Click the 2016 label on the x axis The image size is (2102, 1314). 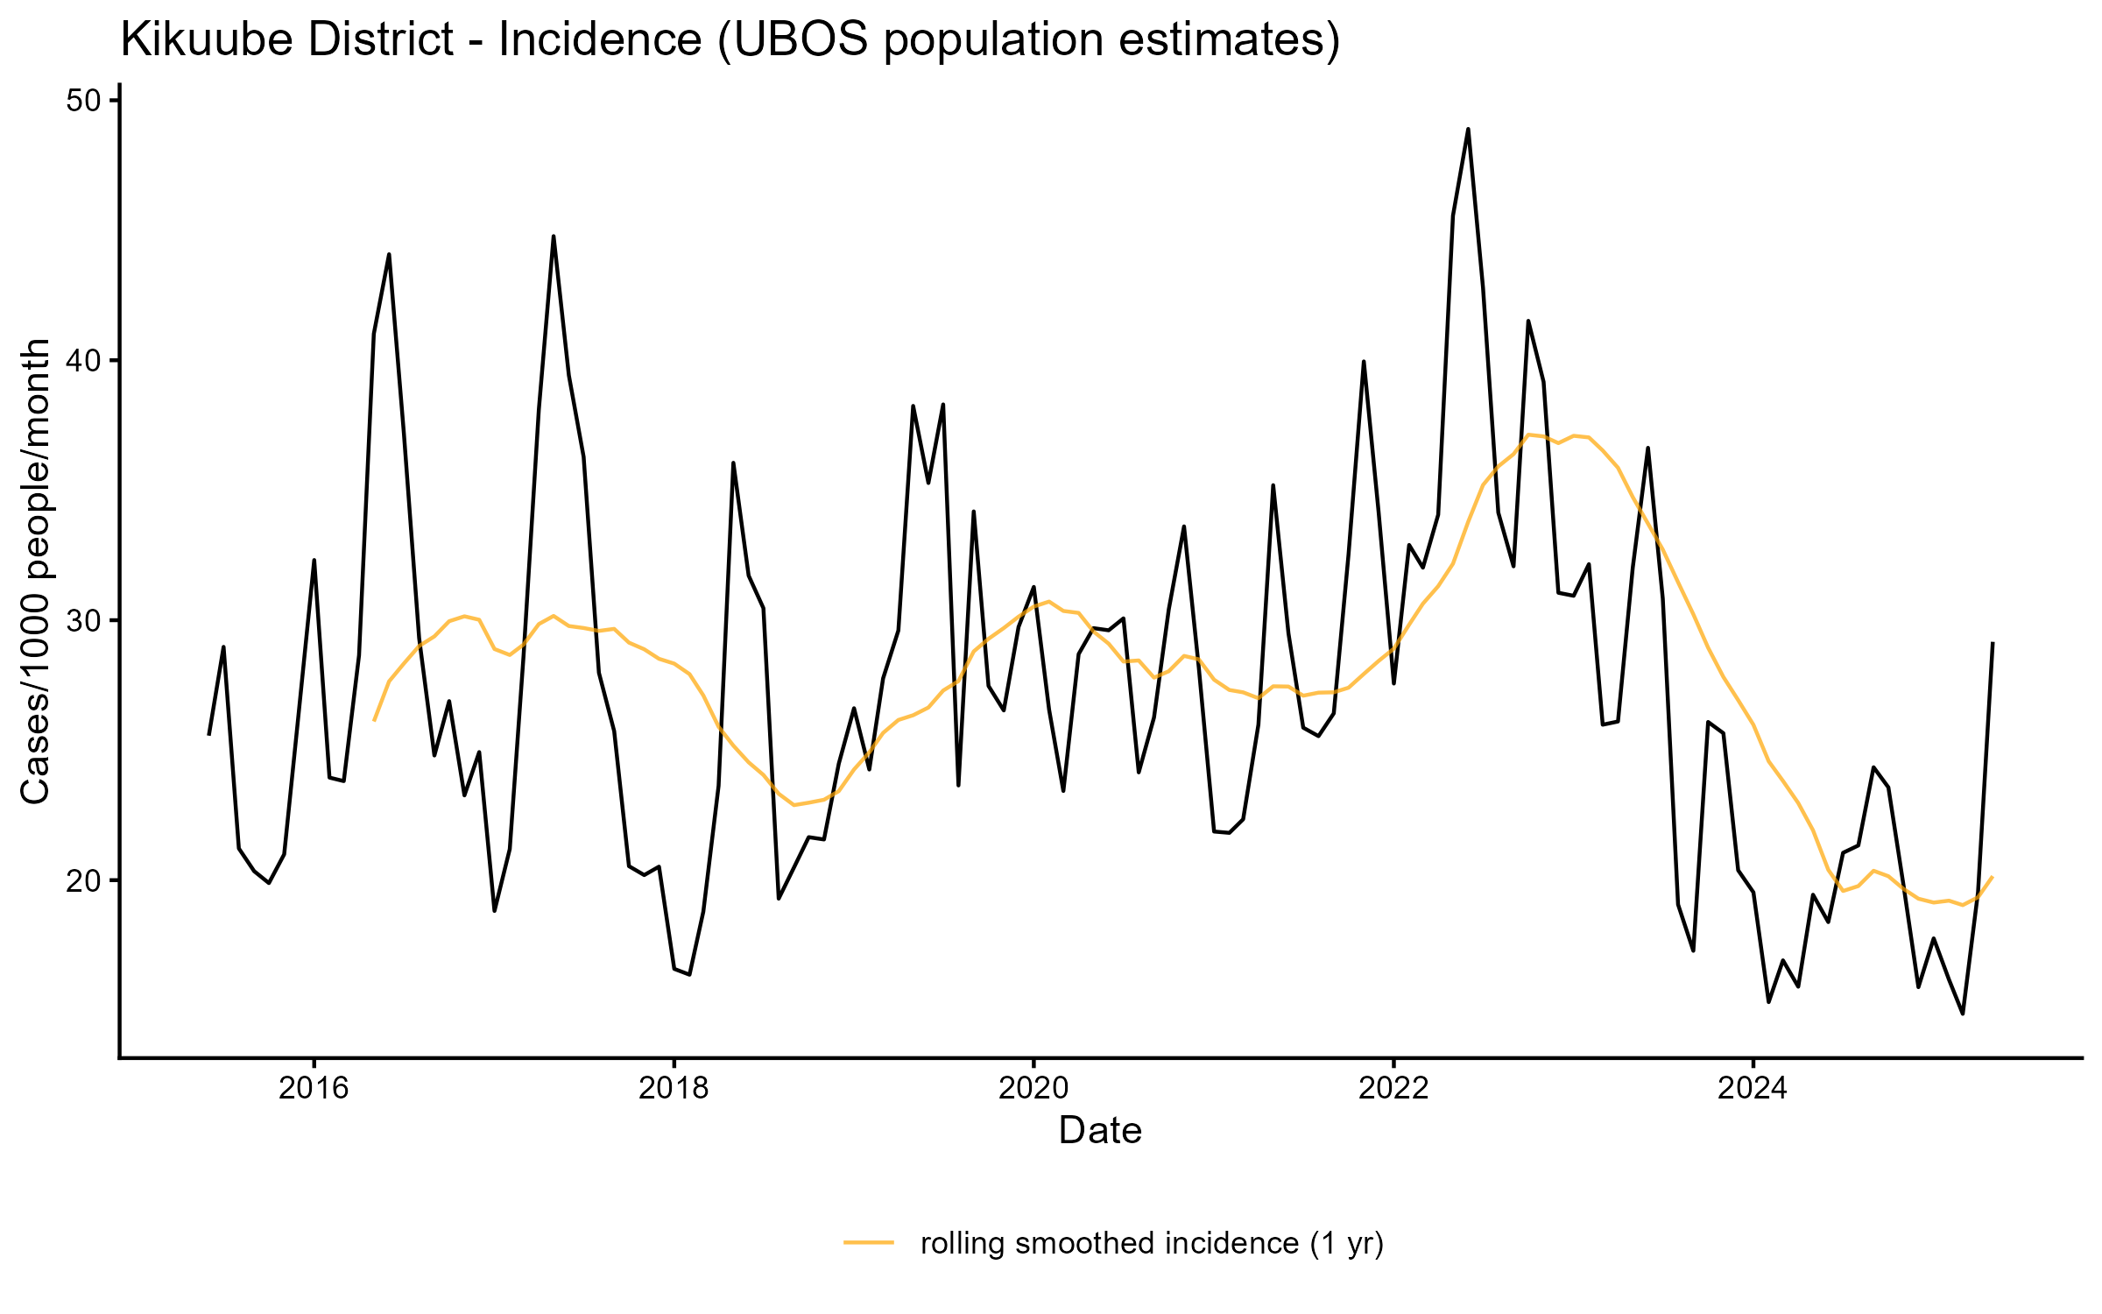pos(314,1089)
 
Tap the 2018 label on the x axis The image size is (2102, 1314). pos(674,1089)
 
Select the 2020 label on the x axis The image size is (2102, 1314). pos(1033,1089)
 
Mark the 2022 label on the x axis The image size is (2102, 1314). pos(1393,1089)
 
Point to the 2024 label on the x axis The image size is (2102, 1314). pos(1753,1089)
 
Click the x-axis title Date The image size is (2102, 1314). pos(1100,1131)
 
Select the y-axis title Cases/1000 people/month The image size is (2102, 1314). pos(37,571)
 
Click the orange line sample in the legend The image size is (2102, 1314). pos(869,1241)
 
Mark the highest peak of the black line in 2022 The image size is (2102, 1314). pos(1468,130)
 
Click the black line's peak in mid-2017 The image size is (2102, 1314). pos(554,237)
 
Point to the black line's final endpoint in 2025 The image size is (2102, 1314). pos(1993,644)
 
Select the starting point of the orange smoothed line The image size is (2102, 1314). pos(374,720)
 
